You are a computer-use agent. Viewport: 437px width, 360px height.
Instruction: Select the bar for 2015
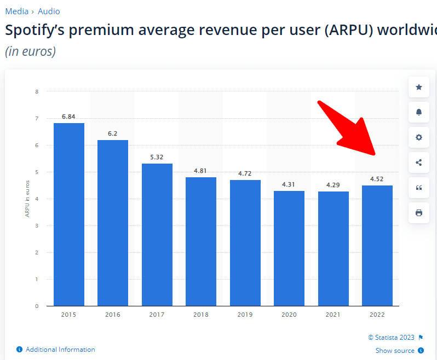point(68,214)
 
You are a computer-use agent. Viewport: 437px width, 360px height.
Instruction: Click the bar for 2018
point(201,241)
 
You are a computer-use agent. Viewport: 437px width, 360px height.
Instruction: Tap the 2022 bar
point(377,245)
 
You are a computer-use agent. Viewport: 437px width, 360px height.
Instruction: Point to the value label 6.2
point(113,133)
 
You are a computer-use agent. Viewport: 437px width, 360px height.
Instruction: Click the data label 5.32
point(157,157)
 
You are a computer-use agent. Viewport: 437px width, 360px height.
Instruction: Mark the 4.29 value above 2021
point(333,185)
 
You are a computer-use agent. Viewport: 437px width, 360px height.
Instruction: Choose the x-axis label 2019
point(245,315)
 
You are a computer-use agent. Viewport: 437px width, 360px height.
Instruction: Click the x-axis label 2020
point(289,315)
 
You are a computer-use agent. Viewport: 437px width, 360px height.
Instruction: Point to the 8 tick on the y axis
point(37,92)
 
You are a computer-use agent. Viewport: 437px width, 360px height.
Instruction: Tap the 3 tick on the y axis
point(37,226)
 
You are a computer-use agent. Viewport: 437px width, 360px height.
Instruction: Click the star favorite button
point(419,87)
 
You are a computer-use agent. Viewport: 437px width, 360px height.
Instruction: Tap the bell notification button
point(419,112)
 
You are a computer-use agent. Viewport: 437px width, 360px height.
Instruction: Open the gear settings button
point(419,137)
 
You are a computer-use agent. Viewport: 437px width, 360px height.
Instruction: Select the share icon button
point(419,162)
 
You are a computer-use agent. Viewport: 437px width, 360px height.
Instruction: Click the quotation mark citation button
point(419,188)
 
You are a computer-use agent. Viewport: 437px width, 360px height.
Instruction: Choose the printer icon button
point(419,213)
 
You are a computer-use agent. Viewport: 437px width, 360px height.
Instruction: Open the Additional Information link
point(60,350)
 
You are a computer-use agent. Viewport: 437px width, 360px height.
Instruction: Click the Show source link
point(395,351)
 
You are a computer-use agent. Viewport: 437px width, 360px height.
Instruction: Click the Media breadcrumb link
point(16,11)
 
